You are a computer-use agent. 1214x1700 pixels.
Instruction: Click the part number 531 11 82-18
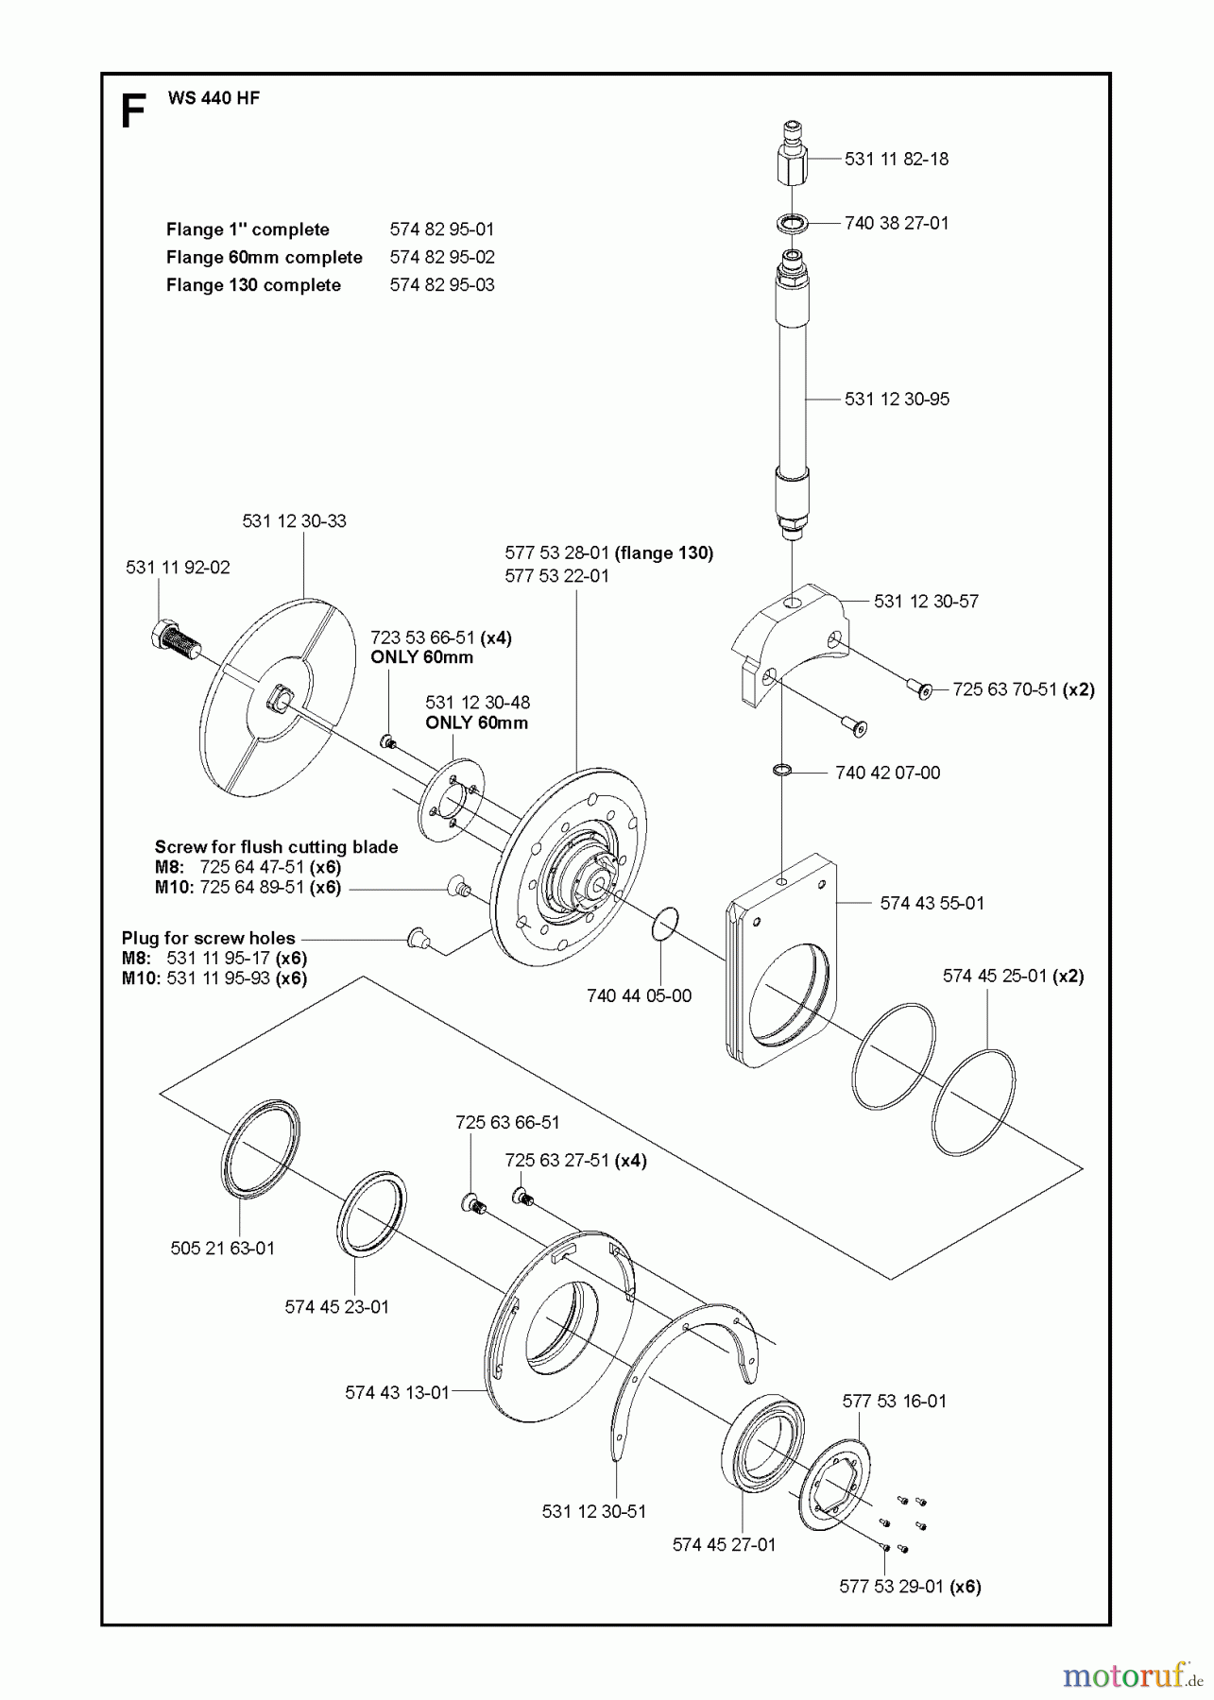pyautogui.click(x=896, y=159)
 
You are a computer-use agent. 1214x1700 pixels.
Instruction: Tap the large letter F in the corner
pyautogui.click(x=133, y=112)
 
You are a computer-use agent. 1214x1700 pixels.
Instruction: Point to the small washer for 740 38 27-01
pyautogui.click(x=792, y=225)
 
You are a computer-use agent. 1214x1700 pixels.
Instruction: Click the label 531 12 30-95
pyautogui.click(x=897, y=399)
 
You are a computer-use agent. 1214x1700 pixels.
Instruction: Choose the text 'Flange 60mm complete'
pyautogui.click(x=264, y=257)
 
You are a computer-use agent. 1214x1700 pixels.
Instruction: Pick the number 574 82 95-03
pyautogui.click(x=441, y=284)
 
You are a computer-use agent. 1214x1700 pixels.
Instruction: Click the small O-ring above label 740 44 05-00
pyautogui.click(x=665, y=923)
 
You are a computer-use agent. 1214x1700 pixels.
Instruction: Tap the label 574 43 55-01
pyautogui.click(x=932, y=903)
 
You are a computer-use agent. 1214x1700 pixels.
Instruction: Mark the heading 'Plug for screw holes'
pyautogui.click(x=208, y=938)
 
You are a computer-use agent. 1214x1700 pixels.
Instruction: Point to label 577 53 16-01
pyautogui.click(x=894, y=1401)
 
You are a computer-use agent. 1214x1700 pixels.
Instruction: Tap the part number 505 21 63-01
pyautogui.click(x=223, y=1248)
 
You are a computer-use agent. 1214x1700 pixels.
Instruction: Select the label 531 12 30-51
pyautogui.click(x=594, y=1511)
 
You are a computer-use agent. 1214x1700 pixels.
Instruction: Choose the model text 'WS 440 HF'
pyautogui.click(x=214, y=98)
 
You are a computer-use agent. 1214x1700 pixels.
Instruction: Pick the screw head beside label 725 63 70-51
pyautogui.click(x=924, y=690)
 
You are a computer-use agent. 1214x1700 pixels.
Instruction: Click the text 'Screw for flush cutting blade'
pyautogui.click(x=276, y=846)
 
